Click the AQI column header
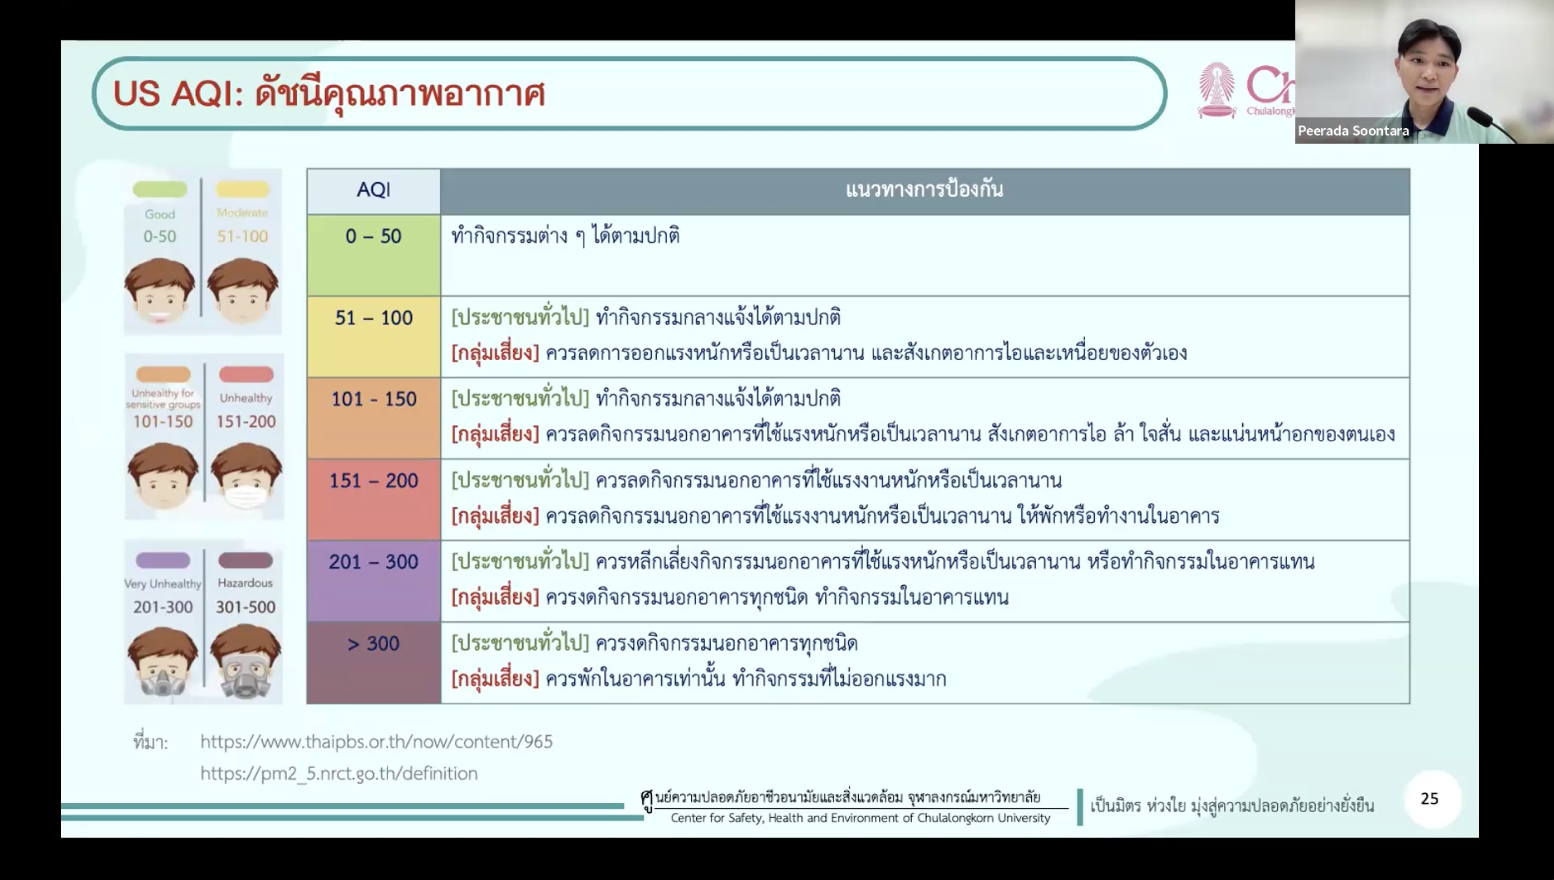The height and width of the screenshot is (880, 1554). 374,191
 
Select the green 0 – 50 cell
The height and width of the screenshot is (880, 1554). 374,255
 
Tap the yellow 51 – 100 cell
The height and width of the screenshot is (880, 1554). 374,337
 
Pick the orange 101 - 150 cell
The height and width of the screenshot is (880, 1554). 374,418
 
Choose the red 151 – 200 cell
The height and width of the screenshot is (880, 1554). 374,500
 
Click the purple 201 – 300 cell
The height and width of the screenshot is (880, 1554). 374,581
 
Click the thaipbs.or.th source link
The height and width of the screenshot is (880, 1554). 377,742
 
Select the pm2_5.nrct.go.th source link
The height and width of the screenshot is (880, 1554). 339,773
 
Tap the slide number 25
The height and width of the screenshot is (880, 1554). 1430,799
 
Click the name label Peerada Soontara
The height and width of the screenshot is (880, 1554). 1353,131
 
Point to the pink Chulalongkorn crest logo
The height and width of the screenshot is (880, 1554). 1217,90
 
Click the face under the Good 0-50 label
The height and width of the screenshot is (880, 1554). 160,291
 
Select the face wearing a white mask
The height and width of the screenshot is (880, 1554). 246,477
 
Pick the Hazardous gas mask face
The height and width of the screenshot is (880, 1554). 246,661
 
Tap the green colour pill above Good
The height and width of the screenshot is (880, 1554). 160,190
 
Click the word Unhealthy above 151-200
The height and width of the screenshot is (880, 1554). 246,398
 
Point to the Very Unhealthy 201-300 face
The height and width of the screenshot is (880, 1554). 163,662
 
